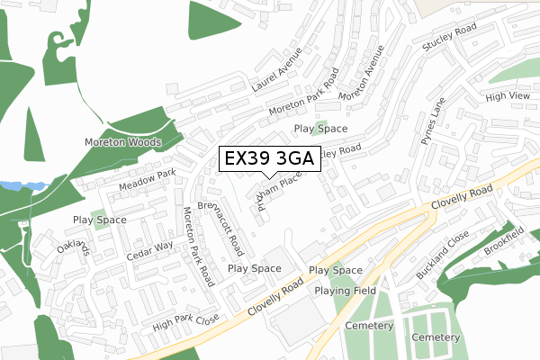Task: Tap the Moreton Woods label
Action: tap(122, 142)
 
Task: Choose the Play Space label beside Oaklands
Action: tap(99, 220)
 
